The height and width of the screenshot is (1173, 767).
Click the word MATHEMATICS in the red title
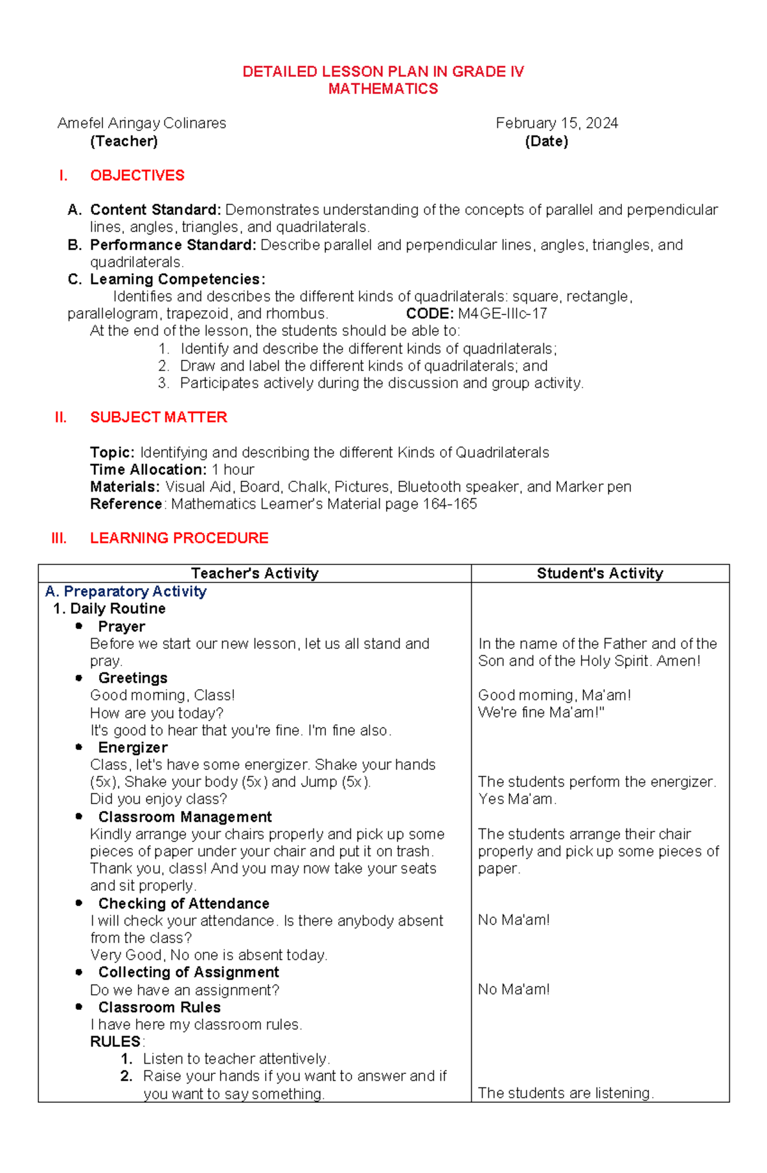click(383, 89)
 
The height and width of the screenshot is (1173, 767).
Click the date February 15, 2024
click(556, 123)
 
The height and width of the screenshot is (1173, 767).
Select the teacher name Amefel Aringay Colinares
click(142, 123)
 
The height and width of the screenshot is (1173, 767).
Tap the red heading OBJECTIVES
click(137, 175)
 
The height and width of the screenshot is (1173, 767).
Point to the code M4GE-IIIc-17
click(502, 314)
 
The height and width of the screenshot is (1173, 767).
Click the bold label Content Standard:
click(155, 210)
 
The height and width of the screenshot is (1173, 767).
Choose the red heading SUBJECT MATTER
click(159, 417)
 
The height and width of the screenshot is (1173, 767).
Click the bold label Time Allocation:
click(148, 469)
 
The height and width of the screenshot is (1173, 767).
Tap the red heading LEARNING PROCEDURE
click(179, 538)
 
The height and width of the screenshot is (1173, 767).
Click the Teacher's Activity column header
click(254, 573)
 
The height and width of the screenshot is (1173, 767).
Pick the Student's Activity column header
click(600, 573)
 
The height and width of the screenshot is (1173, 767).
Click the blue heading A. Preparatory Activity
click(126, 591)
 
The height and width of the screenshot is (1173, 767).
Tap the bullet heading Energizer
click(133, 747)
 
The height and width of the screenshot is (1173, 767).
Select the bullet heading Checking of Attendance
click(183, 903)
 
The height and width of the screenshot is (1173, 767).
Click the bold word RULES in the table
click(115, 1041)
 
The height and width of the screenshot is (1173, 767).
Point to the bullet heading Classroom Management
click(185, 817)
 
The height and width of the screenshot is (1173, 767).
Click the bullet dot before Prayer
click(79, 626)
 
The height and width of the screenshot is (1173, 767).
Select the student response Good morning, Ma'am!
click(554, 695)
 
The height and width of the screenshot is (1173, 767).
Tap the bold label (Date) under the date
click(546, 141)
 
